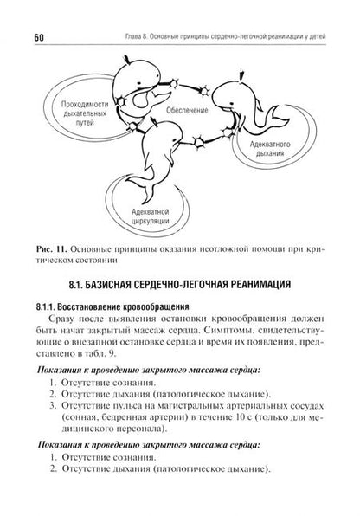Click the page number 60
(40, 11)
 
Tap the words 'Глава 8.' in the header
(140, 11)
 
